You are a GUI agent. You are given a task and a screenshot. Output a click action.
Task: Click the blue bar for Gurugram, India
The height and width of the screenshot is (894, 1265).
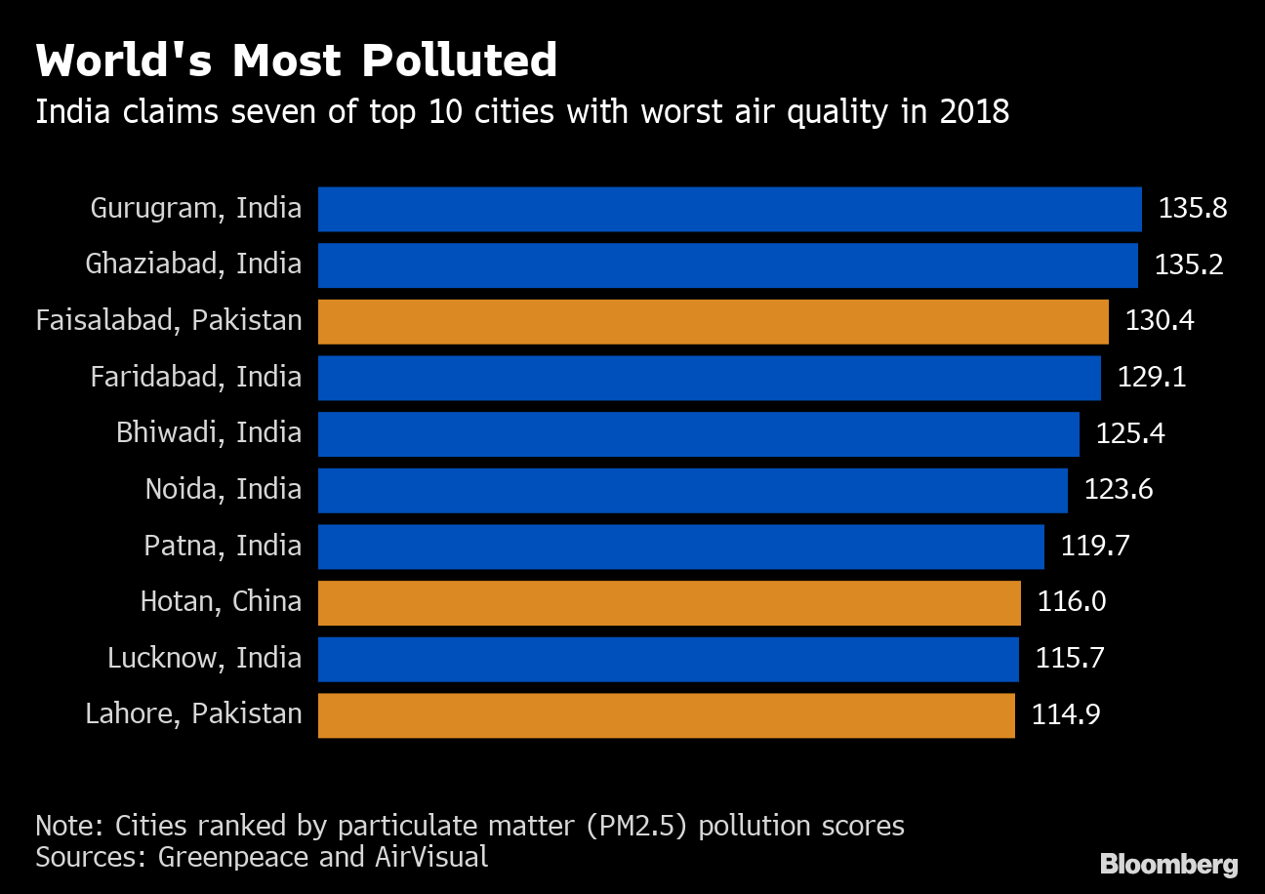pos(729,209)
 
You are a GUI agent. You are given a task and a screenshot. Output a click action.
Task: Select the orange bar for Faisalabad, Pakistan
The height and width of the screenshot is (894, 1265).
pos(713,321)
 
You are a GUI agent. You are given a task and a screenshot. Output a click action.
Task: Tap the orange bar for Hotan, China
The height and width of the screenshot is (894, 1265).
pos(669,602)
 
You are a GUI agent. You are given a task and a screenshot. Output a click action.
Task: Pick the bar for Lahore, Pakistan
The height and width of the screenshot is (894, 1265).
pos(666,715)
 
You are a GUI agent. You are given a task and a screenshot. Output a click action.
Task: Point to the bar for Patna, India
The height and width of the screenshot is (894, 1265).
pos(680,547)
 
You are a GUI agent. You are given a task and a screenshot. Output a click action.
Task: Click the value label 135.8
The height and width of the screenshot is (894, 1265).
pos(1192,209)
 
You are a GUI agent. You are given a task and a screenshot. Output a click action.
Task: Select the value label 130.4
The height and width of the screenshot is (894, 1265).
pos(1160,321)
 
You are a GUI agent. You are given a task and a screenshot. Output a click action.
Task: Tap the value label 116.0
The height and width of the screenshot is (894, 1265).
pos(1071,602)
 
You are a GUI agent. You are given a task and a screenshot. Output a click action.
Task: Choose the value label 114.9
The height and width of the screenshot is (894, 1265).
pos(1066,715)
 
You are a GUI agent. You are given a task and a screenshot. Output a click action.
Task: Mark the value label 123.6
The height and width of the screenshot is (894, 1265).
pos(1119,490)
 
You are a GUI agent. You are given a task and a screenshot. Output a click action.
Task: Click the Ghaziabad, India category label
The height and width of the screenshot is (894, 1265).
pos(193,264)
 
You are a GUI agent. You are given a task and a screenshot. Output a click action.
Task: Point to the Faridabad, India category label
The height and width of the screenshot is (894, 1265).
pos(196,378)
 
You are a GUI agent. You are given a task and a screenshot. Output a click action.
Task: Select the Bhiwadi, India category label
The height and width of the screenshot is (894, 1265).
pos(209,433)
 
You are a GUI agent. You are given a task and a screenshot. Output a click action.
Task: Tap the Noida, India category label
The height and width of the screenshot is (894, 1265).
pos(224,490)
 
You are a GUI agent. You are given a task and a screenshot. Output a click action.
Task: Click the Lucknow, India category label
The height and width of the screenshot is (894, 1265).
pos(205,659)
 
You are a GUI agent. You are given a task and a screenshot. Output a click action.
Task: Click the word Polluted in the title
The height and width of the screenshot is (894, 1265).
pos(459,62)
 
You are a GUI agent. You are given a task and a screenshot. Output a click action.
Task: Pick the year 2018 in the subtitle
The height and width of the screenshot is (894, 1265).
pos(974,113)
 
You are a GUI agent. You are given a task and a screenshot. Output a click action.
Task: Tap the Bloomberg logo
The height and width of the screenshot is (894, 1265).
pos(1168,865)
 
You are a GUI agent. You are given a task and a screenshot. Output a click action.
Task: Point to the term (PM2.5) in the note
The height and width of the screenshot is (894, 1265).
pos(634,827)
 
